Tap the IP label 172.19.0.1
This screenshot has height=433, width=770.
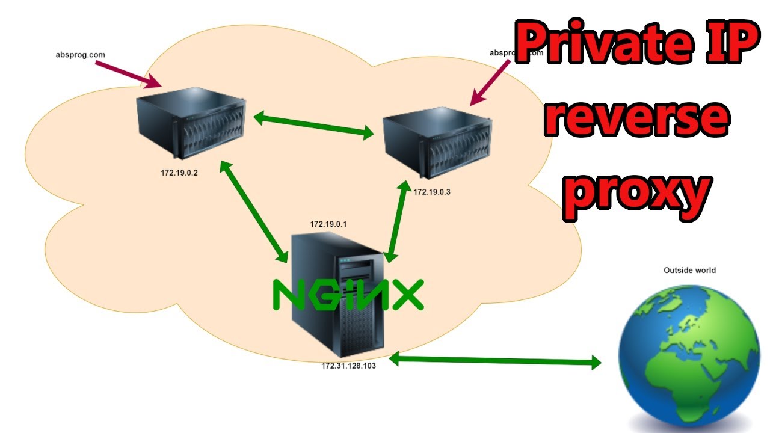328,224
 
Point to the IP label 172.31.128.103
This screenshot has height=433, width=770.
348,366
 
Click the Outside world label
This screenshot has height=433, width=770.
689,271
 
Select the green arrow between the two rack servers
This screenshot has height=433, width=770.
313,125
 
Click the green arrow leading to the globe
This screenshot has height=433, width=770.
495,360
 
